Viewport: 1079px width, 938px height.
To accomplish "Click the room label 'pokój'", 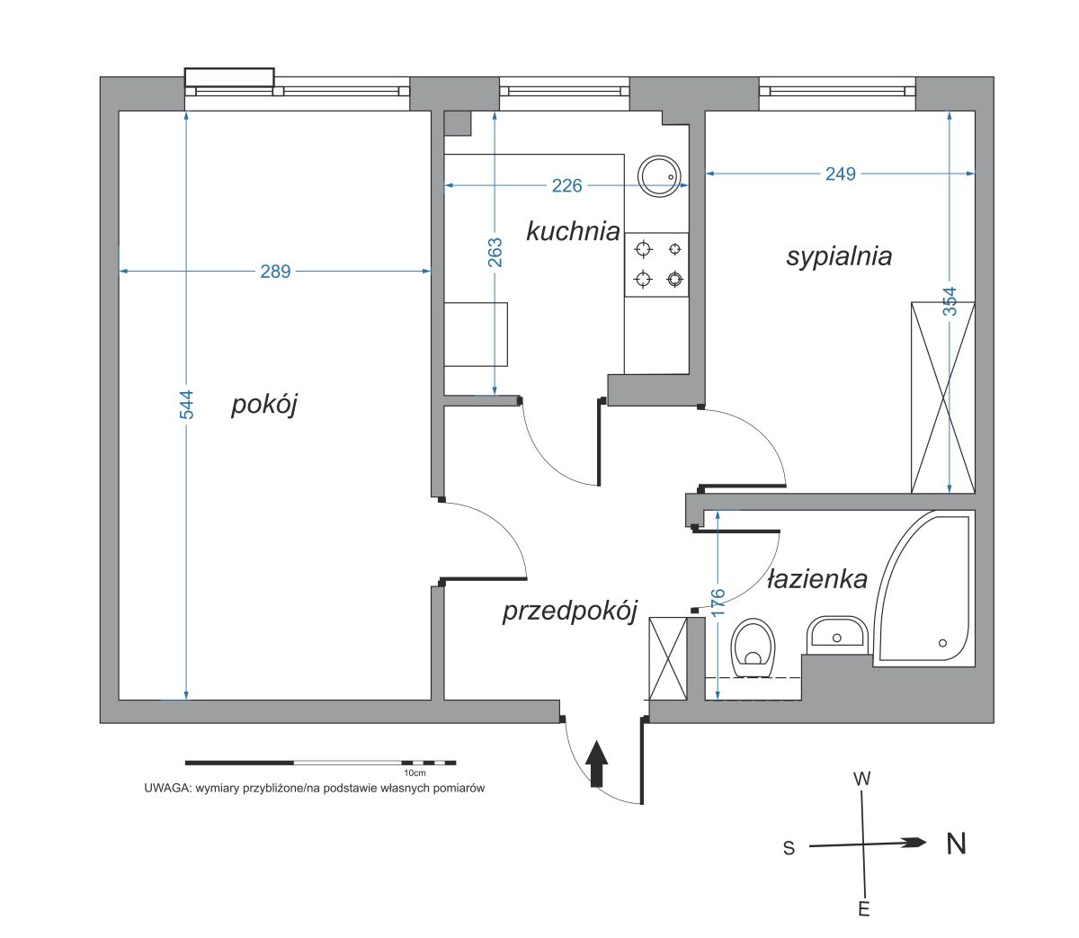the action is tap(264, 405).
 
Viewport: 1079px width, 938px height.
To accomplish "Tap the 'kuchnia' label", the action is tap(573, 231).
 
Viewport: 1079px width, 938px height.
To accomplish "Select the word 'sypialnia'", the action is tap(839, 257).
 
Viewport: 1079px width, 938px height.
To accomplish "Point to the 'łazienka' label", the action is tap(817, 579).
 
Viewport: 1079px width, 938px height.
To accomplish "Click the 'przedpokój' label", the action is tap(569, 612).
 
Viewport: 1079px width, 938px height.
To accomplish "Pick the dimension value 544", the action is tap(187, 405).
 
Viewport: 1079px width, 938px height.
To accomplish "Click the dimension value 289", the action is tap(275, 272).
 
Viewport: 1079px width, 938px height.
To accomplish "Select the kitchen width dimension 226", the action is tap(566, 185).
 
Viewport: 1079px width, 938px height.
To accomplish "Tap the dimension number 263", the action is tap(495, 253).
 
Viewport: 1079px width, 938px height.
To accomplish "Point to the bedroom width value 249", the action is tap(841, 174).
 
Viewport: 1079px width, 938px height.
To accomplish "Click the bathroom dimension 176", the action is tap(718, 603).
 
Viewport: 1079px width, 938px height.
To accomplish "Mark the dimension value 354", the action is tap(950, 301).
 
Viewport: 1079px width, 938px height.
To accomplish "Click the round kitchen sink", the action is tap(659, 176).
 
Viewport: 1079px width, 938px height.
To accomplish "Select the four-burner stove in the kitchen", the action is tap(656, 264).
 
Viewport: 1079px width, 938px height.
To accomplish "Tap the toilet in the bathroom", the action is tap(754, 648).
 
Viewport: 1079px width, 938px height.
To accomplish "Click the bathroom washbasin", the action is tap(837, 634).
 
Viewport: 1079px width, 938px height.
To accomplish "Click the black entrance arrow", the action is tap(596, 764).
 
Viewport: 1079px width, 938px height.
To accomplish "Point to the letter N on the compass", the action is tap(956, 844).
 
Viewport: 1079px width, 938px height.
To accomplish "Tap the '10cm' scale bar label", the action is tap(415, 773).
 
